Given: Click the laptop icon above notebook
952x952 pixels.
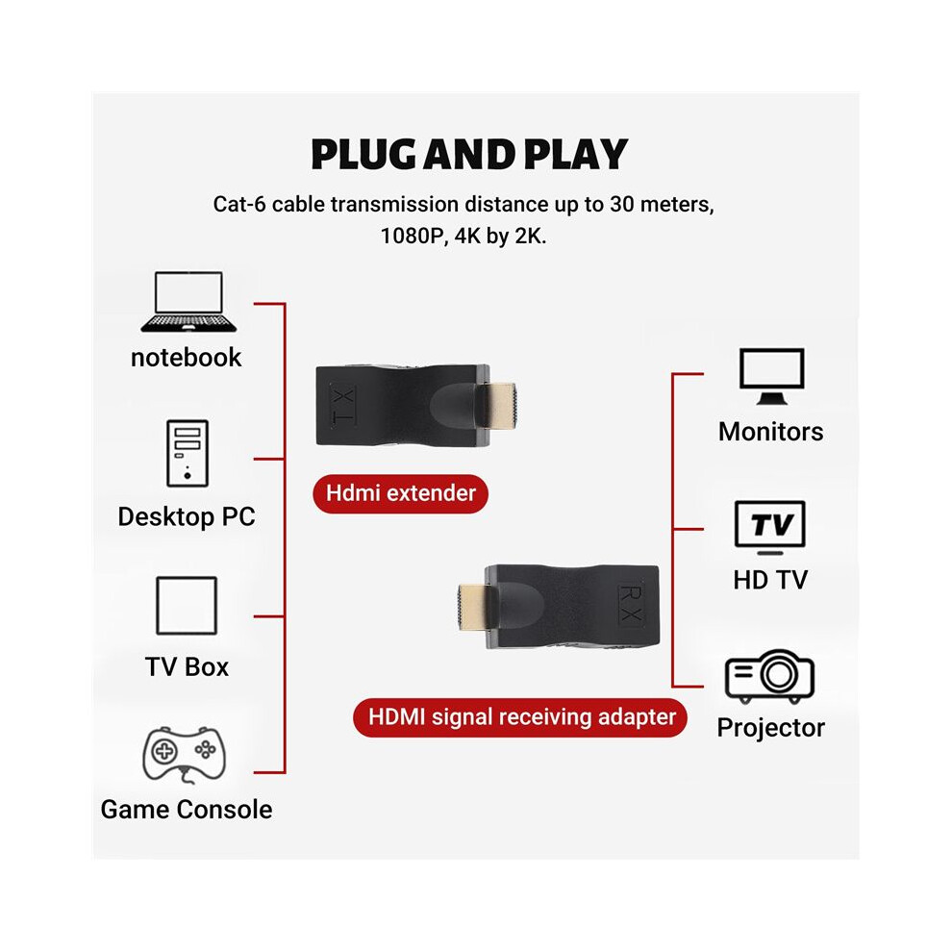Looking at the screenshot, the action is coord(188,302).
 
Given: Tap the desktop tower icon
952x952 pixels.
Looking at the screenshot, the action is coord(188,453).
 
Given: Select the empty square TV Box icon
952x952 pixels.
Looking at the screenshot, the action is coord(187,605).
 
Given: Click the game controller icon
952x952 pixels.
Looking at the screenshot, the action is coord(184,754).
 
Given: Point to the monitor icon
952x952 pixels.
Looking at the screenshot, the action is coord(771,376).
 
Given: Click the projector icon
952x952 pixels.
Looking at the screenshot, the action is coord(769,676).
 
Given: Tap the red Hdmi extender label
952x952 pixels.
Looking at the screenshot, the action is coord(401,493).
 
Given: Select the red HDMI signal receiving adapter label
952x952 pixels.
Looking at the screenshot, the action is coord(520,717).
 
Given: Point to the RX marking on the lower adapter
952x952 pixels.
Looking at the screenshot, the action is coord(631,604).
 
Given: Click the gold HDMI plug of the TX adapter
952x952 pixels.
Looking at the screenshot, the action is coord(499,404).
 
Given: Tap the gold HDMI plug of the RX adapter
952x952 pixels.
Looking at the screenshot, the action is coord(473,606).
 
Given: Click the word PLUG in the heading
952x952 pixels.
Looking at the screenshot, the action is coord(365,154).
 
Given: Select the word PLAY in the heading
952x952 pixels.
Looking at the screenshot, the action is coord(576,154).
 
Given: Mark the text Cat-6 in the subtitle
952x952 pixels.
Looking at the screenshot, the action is coord(239,204).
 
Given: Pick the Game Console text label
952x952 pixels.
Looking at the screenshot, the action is coord(187,810).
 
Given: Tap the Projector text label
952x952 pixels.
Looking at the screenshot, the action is coord(770,728).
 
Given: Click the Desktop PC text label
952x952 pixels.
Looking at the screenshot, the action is coord(187,516).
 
